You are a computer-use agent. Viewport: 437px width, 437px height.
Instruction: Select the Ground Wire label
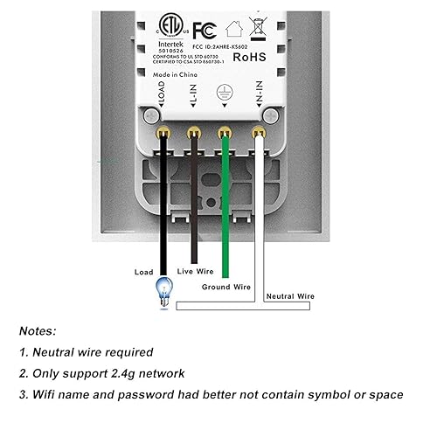click(226, 285)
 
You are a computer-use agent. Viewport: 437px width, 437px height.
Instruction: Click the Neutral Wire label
click(291, 296)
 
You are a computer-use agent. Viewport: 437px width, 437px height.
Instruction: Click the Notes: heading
click(39, 331)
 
